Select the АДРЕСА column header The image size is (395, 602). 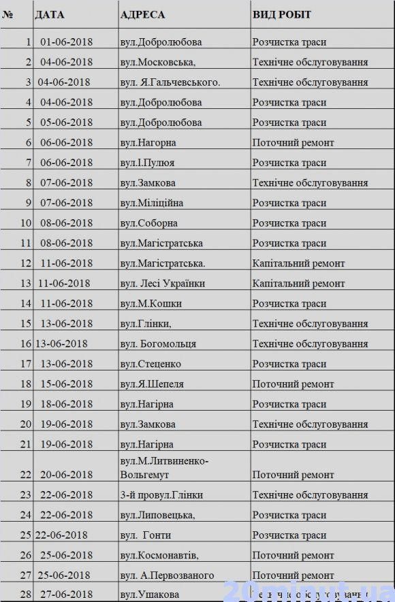click(142, 14)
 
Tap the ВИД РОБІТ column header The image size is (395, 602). click(282, 14)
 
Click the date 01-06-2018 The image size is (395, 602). click(66, 42)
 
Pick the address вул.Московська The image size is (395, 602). click(157, 62)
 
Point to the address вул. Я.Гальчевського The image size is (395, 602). click(170, 82)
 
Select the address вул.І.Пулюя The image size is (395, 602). click(147, 163)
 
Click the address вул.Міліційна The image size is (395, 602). click(151, 203)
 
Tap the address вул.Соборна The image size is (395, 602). click(148, 223)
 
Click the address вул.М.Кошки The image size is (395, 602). click(151, 304)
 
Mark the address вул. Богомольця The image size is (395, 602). click(158, 344)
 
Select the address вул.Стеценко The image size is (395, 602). click(151, 364)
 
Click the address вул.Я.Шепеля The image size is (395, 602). click(151, 384)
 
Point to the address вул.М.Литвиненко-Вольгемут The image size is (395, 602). click(164, 468)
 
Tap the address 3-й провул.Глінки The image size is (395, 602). click(161, 495)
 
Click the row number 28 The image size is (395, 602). click(26, 595)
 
